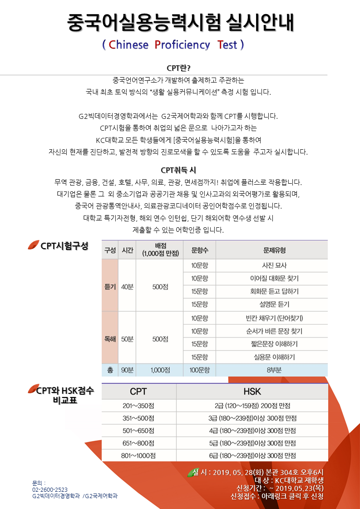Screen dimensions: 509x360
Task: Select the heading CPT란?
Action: (x=178, y=68)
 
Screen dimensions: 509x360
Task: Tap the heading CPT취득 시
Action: (x=178, y=170)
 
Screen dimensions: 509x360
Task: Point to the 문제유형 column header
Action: (x=271, y=250)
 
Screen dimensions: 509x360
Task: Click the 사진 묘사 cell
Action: (x=271, y=265)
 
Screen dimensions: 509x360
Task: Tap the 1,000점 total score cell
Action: (x=160, y=370)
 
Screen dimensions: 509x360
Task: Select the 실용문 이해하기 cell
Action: (x=271, y=357)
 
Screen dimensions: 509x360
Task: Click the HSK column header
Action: (x=252, y=392)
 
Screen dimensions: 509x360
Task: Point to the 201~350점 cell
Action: (x=138, y=406)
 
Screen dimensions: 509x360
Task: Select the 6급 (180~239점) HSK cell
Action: (x=252, y=455)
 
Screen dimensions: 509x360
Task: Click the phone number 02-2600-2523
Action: (x=50, y=489)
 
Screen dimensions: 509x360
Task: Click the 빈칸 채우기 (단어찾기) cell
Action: (x=271, y=318)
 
